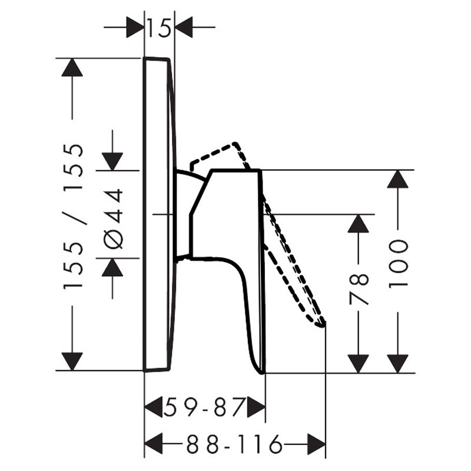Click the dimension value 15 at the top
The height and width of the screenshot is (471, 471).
click(159, 28)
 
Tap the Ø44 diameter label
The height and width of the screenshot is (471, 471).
click(114, 218)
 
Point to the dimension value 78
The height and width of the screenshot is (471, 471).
click(359, 289)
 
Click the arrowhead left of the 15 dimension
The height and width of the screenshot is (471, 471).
click(135, 27)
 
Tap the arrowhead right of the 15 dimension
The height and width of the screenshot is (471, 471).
click(184, 27)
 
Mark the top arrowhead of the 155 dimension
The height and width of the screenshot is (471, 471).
click(72, 67)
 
